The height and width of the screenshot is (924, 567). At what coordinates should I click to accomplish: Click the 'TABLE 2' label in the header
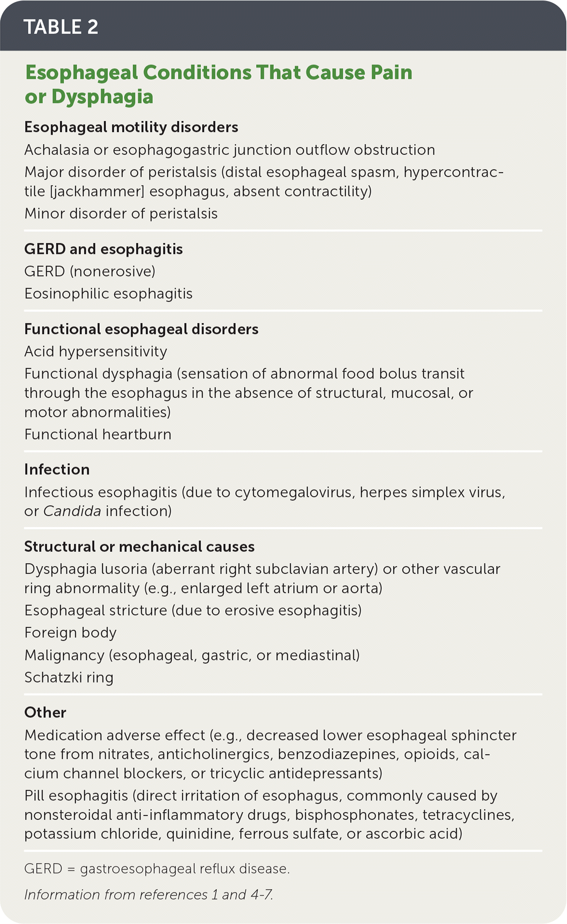61,27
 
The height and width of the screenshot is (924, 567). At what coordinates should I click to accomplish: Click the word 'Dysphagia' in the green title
102,96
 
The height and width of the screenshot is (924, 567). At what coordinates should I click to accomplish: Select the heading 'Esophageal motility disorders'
131,127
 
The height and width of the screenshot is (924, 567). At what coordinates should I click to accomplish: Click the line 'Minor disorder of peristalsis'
121,214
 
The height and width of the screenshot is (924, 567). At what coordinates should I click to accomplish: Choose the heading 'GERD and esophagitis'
104,249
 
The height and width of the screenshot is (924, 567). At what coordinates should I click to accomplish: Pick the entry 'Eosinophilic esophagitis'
108,294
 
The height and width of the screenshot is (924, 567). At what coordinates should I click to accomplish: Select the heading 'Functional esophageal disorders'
141,329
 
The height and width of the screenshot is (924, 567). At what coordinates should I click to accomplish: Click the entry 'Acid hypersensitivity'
96,352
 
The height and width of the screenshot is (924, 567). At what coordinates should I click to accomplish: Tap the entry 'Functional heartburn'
98,435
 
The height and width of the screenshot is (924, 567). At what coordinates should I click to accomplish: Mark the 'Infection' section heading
57,470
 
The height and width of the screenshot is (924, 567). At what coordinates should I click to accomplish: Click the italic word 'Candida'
72,511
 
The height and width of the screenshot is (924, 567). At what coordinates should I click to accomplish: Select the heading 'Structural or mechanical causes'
139,547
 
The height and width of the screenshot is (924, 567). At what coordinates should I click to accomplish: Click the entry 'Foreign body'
70,633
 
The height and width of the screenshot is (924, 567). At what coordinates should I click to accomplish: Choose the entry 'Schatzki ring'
69,678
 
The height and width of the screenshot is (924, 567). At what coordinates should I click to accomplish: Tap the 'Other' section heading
45,713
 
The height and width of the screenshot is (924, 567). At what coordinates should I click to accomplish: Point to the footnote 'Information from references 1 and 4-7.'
148,895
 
